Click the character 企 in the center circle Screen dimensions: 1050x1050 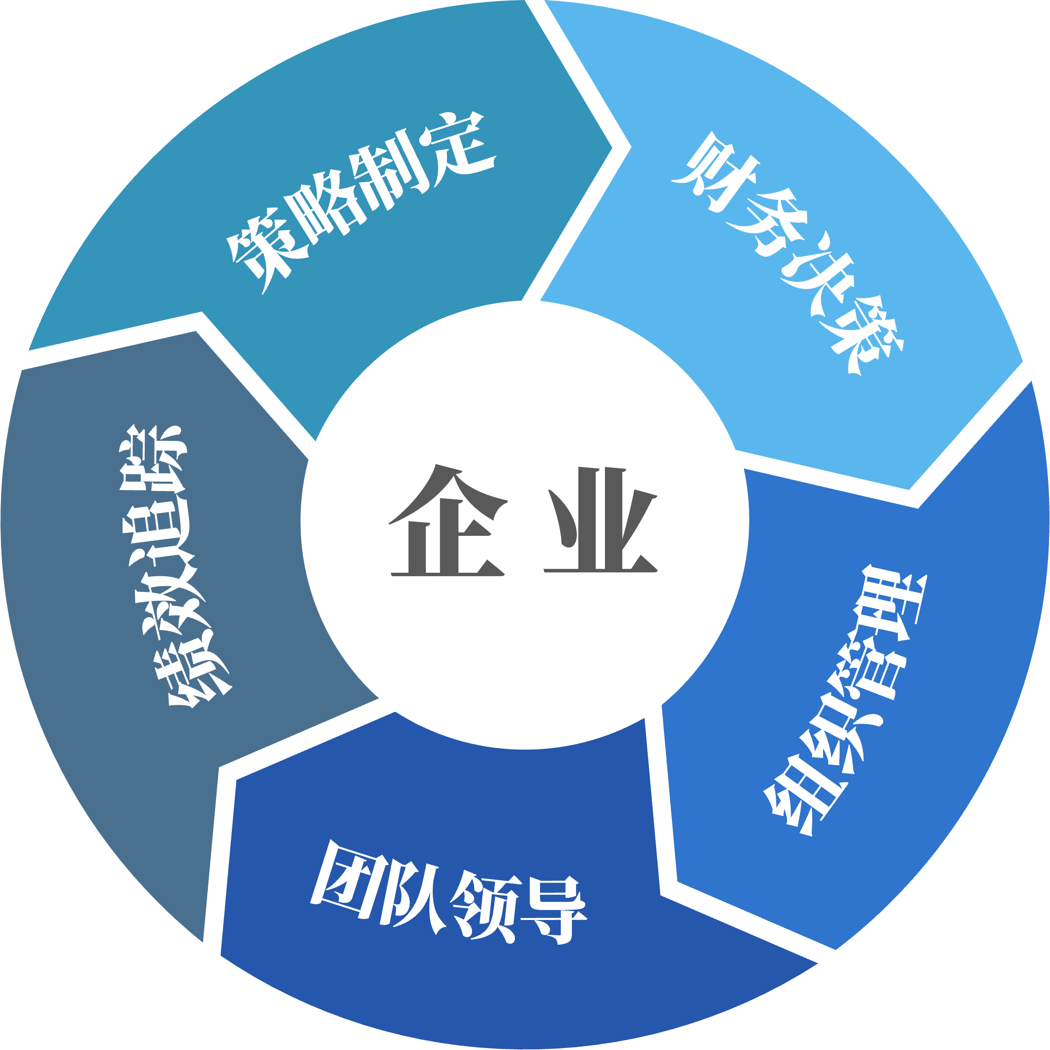(x=448, y=521)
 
